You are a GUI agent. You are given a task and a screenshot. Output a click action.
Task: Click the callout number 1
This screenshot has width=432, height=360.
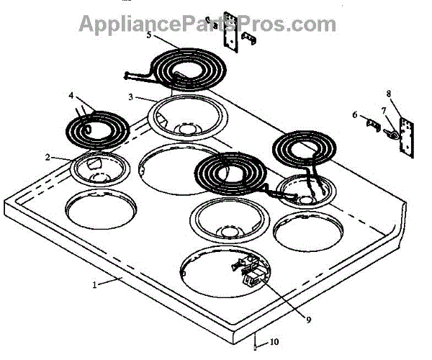94,284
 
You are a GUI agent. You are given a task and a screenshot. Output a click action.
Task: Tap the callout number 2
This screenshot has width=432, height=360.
48,157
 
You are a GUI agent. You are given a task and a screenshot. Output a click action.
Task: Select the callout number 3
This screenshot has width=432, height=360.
131,96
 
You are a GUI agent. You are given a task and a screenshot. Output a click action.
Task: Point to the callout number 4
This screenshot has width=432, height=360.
71,95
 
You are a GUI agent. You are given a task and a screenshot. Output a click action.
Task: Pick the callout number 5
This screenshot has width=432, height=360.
148,35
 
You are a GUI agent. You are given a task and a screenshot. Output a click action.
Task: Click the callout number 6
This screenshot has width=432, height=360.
354,114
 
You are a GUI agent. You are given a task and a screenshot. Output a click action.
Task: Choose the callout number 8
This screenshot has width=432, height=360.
389,94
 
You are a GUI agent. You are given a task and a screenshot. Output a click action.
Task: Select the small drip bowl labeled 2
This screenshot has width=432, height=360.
100,170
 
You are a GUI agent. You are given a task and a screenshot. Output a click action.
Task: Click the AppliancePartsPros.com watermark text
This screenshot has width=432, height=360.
207,24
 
